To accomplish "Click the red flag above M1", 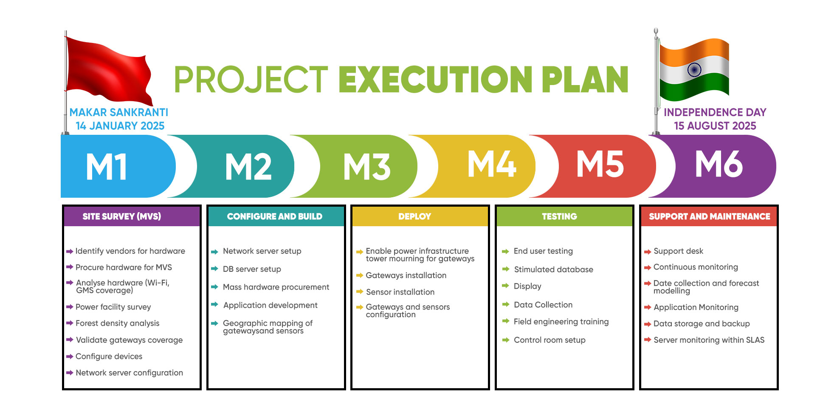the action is tap(108, 70).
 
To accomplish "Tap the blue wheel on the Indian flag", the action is tap(694, 70).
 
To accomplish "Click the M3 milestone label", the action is tap(367, 166).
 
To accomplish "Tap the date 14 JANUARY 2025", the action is tap(120, 126).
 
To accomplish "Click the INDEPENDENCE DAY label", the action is tap(715, 112).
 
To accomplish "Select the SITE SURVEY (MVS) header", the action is tap(122, 216).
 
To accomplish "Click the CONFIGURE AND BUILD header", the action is tap(275, 216).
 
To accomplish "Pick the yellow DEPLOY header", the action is tap(415, 216).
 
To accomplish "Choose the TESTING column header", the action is tap(559, 216).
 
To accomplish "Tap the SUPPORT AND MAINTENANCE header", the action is tap(710, 216).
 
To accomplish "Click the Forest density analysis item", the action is tap(118, 323).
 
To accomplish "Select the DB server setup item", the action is tap(252, 269).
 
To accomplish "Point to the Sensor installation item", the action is tap(400, 292).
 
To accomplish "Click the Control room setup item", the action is tap(550, 340).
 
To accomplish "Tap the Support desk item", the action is tap(678, 251).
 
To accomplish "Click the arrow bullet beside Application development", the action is tap(214, 304).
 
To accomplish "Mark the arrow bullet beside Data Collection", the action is tap(505, 304).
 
